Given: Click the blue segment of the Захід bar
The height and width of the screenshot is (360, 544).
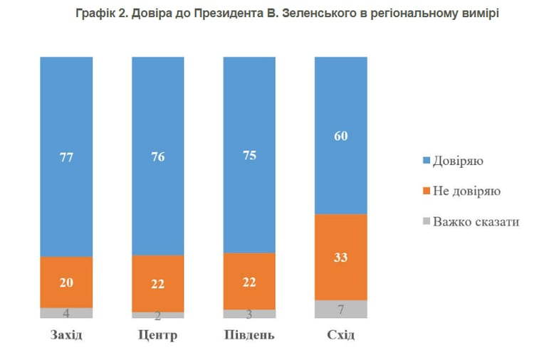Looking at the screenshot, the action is (66, 157).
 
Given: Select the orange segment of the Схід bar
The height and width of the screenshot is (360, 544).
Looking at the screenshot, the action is (340, 258).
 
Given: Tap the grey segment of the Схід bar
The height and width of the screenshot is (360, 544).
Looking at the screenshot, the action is (340, 309).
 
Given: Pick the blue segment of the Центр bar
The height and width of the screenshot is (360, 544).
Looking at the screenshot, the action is (158, 156).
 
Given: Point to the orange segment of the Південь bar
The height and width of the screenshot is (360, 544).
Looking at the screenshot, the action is (249, 281).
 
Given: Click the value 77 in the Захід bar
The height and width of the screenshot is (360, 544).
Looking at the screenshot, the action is (66, 157).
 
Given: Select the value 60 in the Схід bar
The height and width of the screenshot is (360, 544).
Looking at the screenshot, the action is (340, 136).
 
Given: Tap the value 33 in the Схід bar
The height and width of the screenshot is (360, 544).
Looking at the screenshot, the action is (340, 258).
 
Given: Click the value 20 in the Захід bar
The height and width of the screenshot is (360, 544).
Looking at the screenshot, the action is (66, 282).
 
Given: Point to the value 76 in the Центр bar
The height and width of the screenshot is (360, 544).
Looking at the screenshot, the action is (158, 157).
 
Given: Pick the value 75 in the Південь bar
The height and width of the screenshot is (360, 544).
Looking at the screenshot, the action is (249, 155).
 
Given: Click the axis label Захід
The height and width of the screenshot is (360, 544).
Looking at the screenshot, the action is (66, 335).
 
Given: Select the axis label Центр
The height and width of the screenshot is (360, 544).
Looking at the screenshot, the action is (158, 335).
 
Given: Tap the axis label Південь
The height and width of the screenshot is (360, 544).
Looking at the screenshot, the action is (249, 335).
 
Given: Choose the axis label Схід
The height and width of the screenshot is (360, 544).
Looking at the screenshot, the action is (340, 335).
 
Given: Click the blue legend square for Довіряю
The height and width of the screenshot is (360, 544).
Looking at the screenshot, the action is (427, 160).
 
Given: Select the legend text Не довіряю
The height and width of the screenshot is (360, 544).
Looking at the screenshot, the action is (466, 191).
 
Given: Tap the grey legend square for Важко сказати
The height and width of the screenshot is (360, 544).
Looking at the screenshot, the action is (427, 221).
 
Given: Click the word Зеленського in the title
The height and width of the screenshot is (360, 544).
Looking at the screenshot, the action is (325, 14).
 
